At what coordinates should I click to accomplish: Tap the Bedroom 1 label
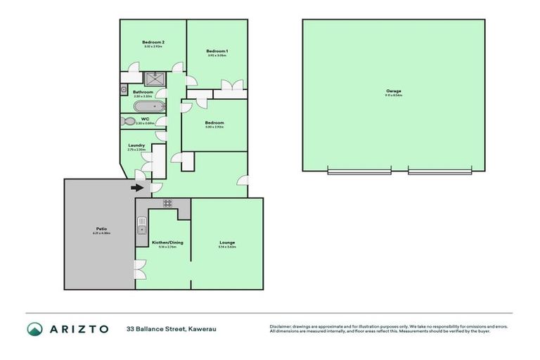coord(217,51)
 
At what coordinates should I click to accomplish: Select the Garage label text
coord(393,91)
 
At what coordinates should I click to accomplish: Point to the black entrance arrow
coord(136,188)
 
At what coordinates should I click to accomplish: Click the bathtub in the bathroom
coord(149,107)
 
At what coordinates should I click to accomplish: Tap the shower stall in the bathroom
coord(155,78)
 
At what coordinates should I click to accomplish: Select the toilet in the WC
coord(128,121)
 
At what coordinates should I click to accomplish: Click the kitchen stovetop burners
coord(168,203)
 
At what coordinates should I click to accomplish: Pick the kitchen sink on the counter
coord(141,225)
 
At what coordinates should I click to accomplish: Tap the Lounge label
coord(227,243)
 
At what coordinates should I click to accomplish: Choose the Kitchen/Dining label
coord(167,243)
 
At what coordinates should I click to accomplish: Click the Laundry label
coord(136,146)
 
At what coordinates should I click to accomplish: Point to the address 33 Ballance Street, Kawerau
coord(165,328)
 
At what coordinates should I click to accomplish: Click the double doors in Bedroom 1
coord(229,86)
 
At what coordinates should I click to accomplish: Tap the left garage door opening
coord(359,171)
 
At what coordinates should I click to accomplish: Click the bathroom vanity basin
coord(124,90)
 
